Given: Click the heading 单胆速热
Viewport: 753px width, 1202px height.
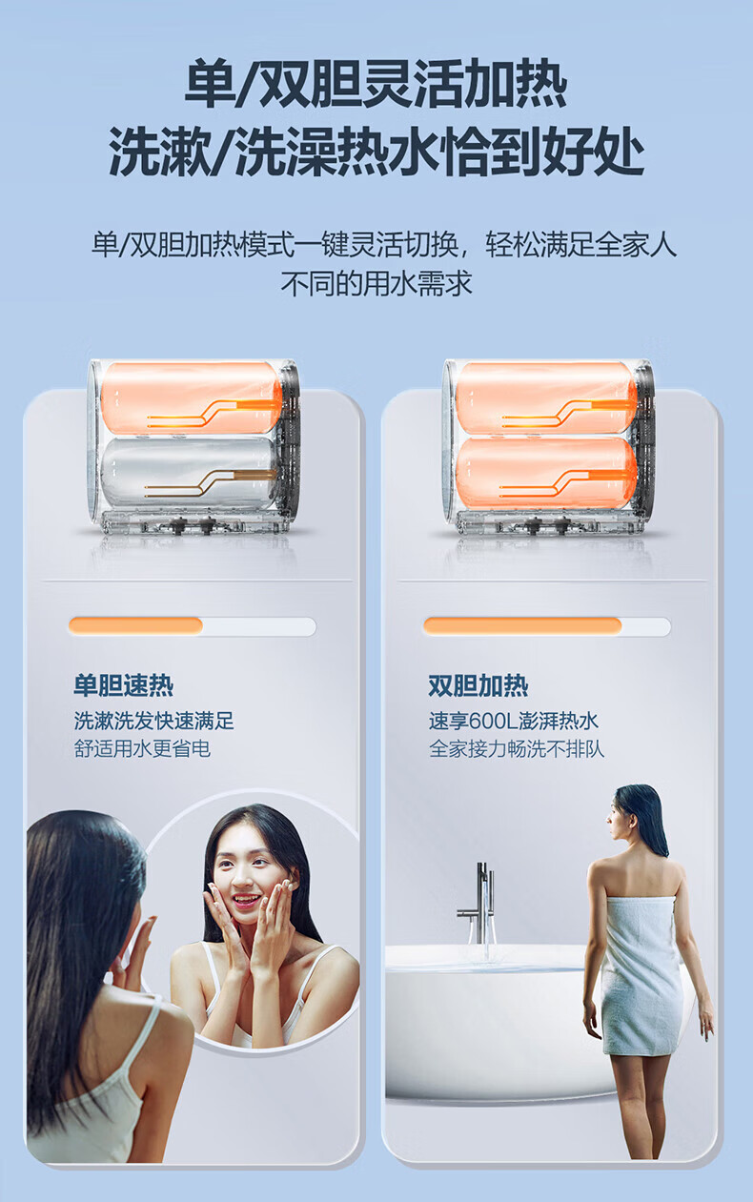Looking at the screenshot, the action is click(x=124, y=685).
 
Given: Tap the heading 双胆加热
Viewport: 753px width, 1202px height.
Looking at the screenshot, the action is click(x=478, y=685).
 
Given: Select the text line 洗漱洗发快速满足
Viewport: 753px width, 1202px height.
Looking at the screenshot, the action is click(x=154, y=721).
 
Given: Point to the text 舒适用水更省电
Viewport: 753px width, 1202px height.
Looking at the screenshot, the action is click(x=142, y=748).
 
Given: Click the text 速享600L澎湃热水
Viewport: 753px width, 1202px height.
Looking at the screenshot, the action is click(x=513, y=721).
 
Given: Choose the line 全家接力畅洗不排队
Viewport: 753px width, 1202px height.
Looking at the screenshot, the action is click(x=517, y=748).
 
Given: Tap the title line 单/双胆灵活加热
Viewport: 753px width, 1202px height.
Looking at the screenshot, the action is click(x=376, y=85).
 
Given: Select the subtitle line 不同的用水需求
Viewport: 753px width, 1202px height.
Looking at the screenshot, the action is click(x=376, y=283).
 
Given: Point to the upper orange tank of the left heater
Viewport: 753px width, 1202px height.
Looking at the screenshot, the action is click(x=191, y=398).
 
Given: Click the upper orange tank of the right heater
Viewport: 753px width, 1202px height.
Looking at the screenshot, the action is click(x=546, y=398).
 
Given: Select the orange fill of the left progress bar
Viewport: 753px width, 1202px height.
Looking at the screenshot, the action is click(x=135, y=625).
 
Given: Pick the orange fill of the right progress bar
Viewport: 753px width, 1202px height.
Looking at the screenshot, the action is click(x=522, y=625).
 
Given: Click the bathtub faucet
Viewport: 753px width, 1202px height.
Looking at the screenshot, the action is click(x=478, y=905).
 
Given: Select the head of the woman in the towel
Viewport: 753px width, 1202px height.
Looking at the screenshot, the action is click(x=636, y=820).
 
